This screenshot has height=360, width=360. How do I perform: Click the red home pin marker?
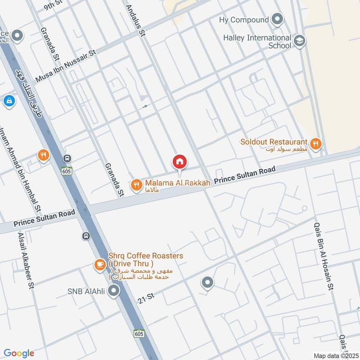(x=180, y=161)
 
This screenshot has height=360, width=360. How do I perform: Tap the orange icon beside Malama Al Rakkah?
(x=136, y=184)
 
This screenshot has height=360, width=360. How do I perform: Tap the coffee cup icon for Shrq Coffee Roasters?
(x=99, y=265)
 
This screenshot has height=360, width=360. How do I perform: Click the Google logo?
(x=19, y=353)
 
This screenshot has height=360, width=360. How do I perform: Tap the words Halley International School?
(x=257, y=42)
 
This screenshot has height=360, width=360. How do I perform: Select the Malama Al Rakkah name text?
(x=177, y=184)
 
